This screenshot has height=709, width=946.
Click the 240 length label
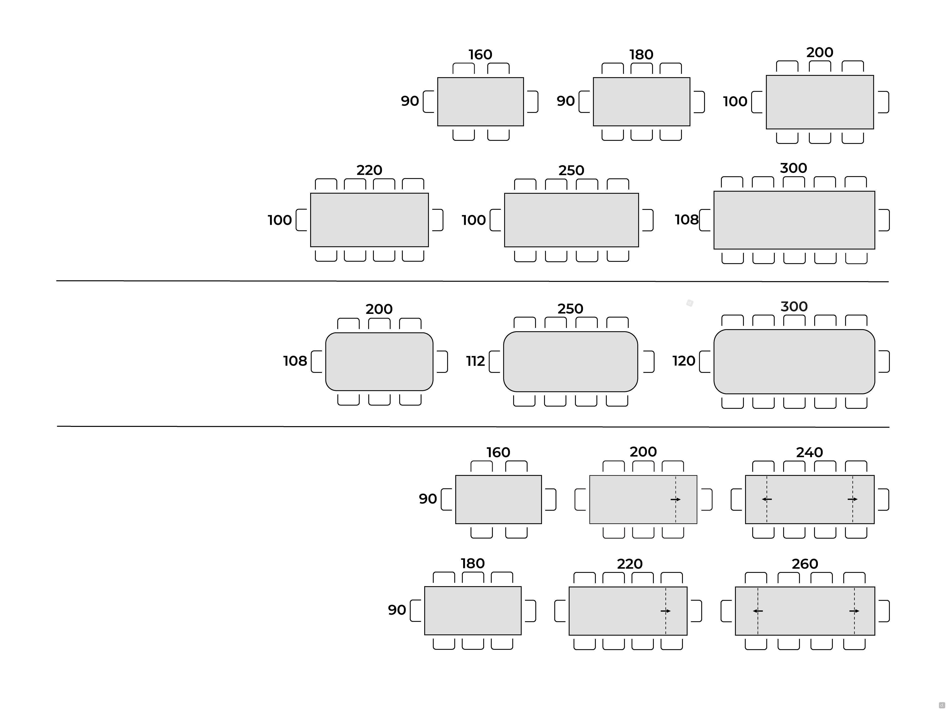(x=809, y=452)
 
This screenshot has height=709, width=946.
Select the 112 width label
(x=475, y=361)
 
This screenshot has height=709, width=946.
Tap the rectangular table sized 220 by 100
(x=369, y=220)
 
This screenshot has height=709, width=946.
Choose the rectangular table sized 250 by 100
(x=571, y=220)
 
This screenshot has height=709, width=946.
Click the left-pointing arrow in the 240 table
(x=766, y=499)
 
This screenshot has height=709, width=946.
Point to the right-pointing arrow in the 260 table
(x=854, y=611)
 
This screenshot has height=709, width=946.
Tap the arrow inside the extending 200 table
(x=675, y=500)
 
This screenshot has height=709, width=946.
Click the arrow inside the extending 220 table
(x=665, y=611)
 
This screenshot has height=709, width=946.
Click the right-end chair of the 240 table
(x=884, y=500)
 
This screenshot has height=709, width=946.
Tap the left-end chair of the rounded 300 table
(x=705, y=362)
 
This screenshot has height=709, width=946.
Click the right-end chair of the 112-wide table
(x=649, y=362)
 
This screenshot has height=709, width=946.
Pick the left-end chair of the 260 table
(x=726, y=611)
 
